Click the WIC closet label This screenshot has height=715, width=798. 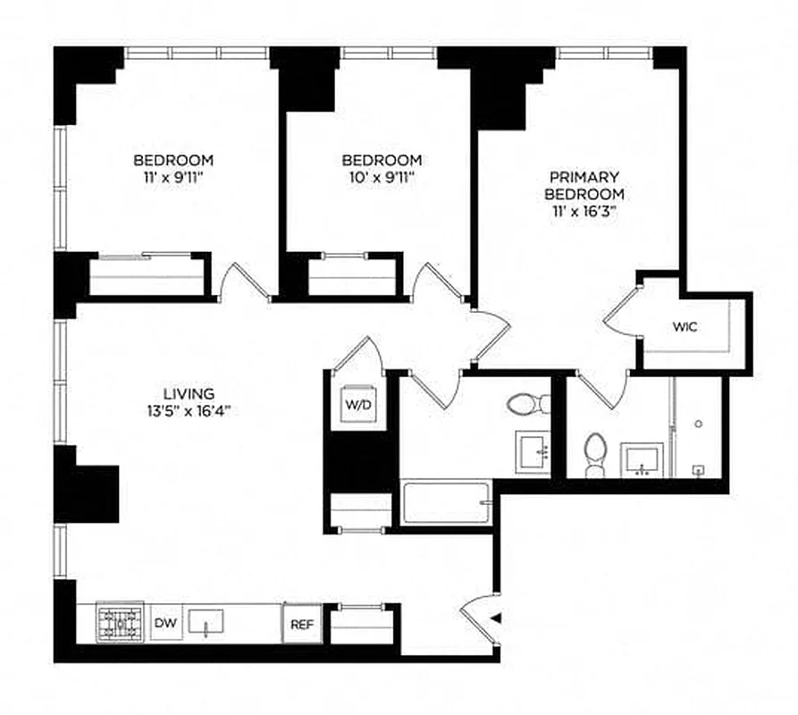point(685,327)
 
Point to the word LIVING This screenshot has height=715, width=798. point(189,393)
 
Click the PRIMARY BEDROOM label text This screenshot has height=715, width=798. point(584,186)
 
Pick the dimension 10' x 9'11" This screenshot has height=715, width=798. point(382,177)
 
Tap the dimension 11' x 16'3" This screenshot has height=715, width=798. point(584,211)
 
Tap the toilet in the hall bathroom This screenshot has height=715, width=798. point(526,405)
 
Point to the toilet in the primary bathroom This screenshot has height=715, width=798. point(594,450)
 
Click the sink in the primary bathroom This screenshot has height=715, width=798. point(643,458)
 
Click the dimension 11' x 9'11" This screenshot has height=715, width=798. point(173,177)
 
